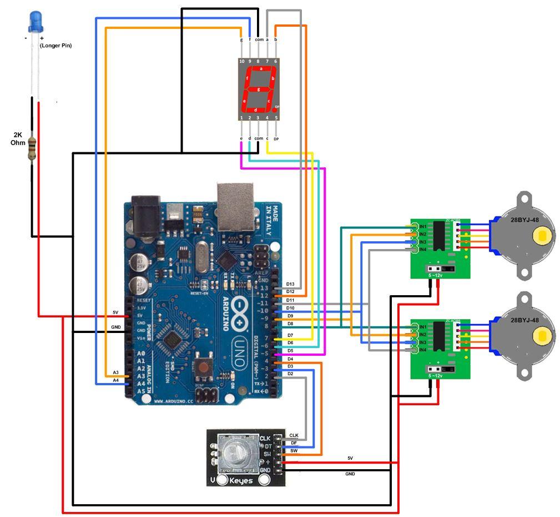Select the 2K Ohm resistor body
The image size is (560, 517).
(32, 148)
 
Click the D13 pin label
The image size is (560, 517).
(290, 284)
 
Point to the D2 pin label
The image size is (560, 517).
(290, 374)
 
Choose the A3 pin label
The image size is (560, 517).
(115, 372)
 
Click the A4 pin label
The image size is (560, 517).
(115, 380)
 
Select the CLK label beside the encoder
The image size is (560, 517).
(294, 435)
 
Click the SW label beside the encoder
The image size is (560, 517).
(294, 450)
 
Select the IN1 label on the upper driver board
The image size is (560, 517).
(422, 227)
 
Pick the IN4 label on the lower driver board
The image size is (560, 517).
(422, 349)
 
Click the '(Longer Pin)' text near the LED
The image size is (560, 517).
(56, 46)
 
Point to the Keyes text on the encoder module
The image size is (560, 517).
(241, 480)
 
